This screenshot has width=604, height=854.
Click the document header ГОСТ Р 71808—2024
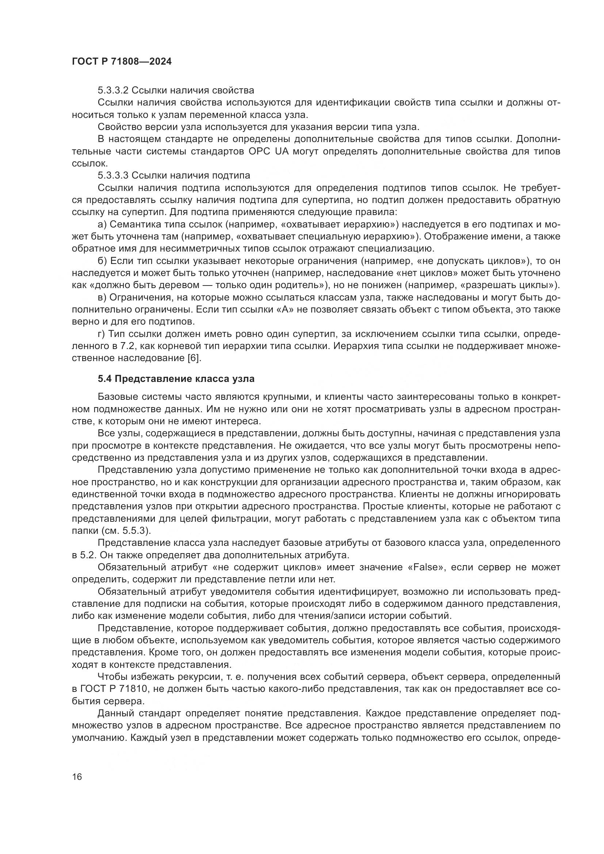tap(122, 62)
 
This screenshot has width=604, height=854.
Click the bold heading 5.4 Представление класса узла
tap(176, 379)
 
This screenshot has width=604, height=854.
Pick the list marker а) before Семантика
tap(102, 224)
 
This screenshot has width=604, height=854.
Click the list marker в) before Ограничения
tap(102, 298)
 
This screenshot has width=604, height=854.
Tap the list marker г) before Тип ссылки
tap(102, 334)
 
